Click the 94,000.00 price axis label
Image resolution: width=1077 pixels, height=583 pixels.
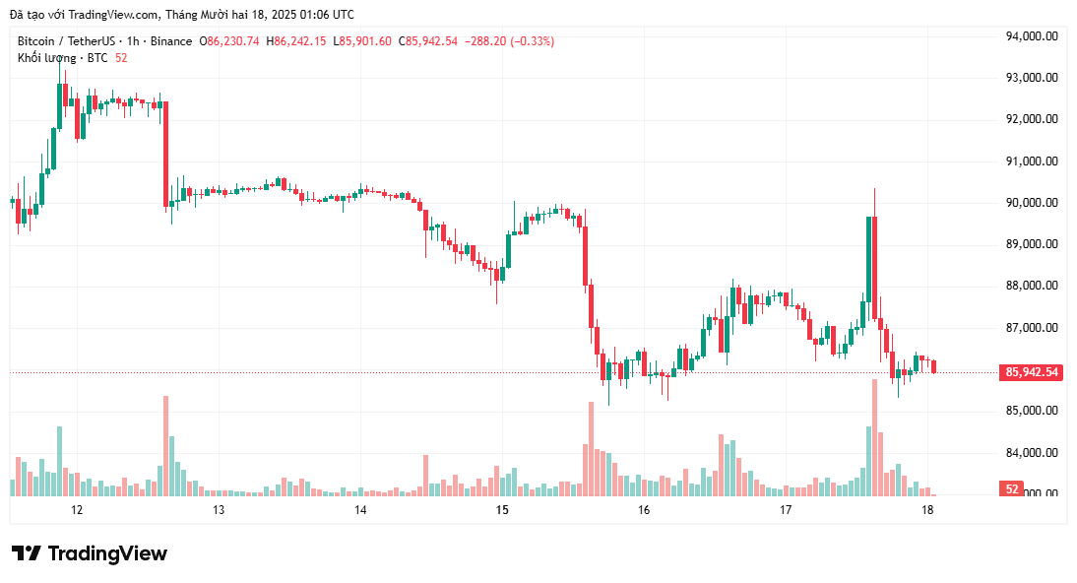point(1032,36)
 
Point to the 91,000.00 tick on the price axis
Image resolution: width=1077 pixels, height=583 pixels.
point(1032,162)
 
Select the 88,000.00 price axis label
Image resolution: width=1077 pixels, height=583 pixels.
point(1032,286)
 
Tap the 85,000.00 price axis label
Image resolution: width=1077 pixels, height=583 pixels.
point(1032,411)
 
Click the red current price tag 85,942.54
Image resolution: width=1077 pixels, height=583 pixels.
point(1031,372)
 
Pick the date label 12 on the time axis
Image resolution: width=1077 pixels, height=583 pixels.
point(77,510)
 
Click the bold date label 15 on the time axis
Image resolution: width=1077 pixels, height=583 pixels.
point(502,510)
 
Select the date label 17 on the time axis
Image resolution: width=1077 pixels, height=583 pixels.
point(786,510)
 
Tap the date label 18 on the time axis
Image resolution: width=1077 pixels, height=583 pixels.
point(927,510)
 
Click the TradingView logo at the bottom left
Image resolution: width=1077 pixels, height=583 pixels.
point(90,553)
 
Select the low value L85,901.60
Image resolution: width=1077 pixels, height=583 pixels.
point(362,41)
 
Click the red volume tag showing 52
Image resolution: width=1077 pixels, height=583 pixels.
point(1011,488)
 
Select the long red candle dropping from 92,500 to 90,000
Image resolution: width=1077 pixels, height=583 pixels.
point(165,154)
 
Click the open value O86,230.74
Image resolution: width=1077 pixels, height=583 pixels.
point(229,41)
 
